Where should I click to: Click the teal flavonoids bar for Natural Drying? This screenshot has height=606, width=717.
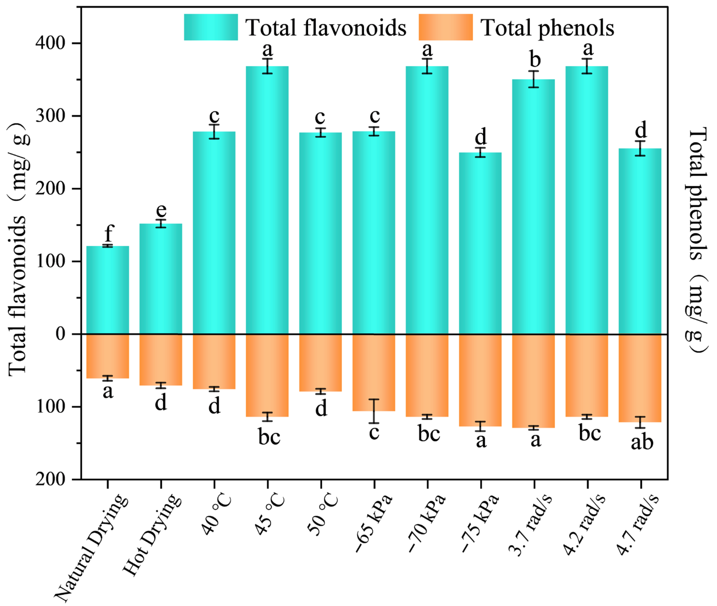pos(107,290)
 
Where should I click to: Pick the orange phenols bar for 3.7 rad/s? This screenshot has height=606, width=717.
pos(533,381)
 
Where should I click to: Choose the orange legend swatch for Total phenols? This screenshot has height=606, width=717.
pos(445,27)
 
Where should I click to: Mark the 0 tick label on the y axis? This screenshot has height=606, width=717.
pos(60,334)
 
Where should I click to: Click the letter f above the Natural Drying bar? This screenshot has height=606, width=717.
pos(109,233)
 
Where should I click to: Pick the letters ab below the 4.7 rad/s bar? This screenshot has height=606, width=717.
pos(642,442)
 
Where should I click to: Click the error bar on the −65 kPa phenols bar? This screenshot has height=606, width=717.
pos(374,411)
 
